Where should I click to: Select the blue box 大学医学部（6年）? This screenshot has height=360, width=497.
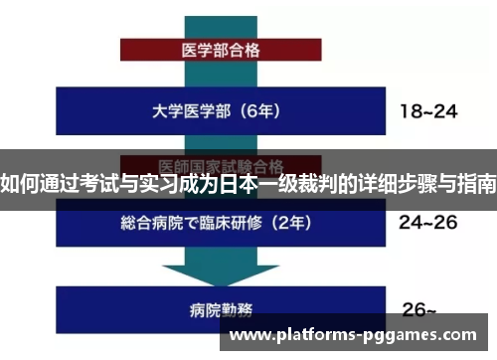pos(199,111)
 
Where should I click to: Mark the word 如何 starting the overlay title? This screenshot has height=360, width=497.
pos(18,185)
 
